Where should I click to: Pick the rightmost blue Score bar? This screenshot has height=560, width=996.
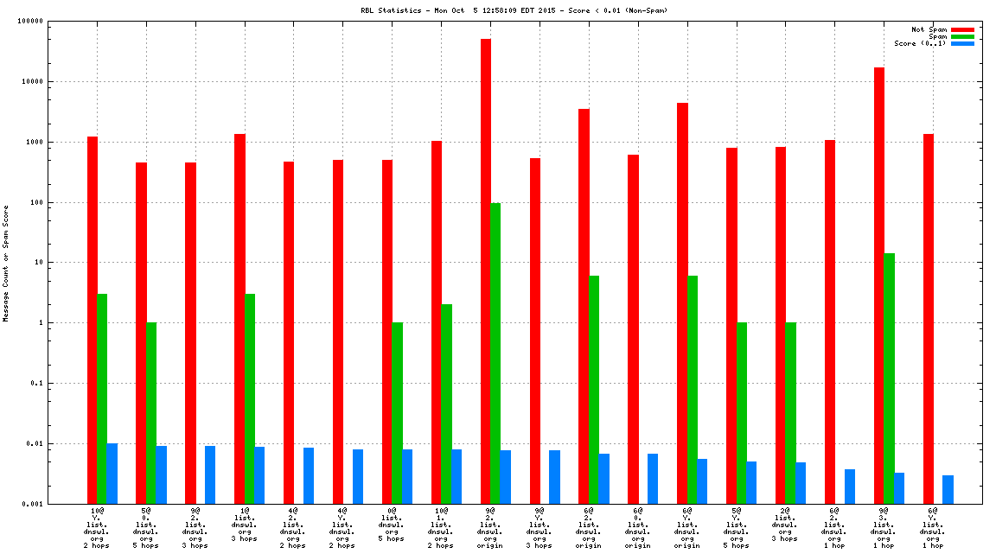pyautogui.click(x=948, y=489)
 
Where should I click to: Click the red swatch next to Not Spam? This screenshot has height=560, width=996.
pyautogui.click(x=962, y=29)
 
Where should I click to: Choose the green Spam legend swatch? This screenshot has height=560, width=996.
pyautogui.click(x=962, y=36)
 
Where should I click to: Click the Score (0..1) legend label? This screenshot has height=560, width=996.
pyautogui.click(x=920, y=43)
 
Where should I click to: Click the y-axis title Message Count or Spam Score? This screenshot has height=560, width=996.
pyautogui.click(x=6, y=263)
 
